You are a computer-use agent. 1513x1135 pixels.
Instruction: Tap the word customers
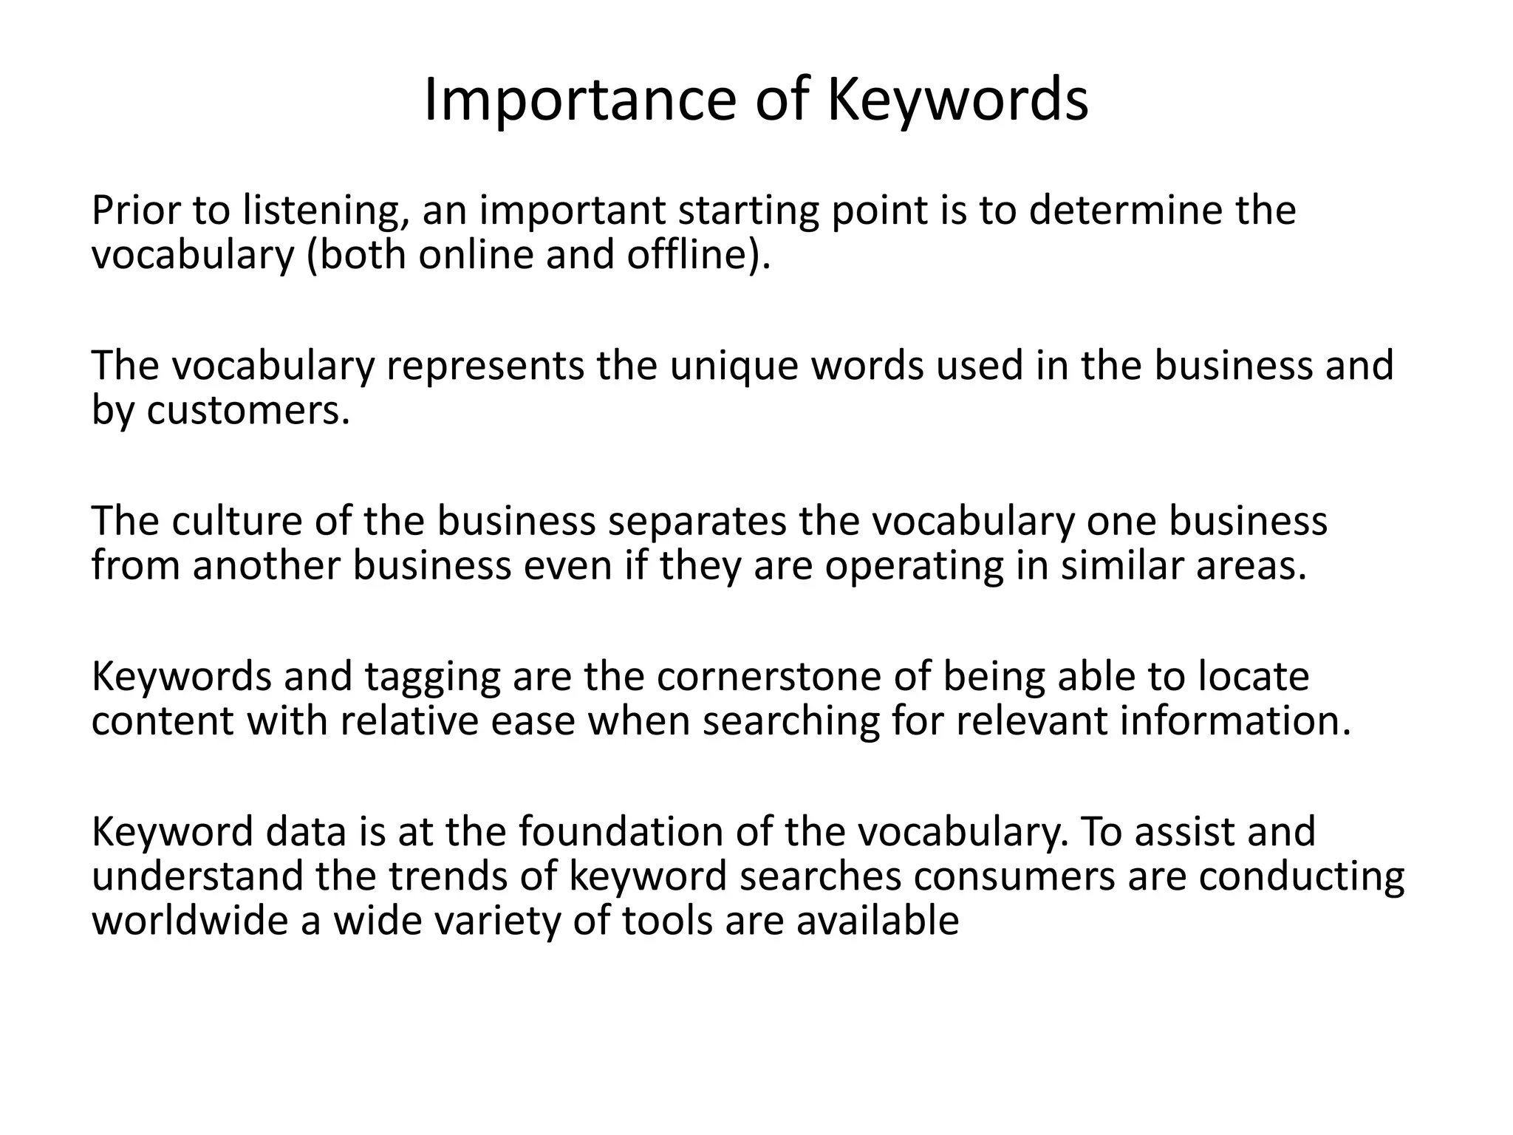[247, 411]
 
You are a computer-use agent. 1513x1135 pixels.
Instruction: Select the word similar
[1122, 566]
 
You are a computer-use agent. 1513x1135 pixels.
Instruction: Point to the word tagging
[432, 677]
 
